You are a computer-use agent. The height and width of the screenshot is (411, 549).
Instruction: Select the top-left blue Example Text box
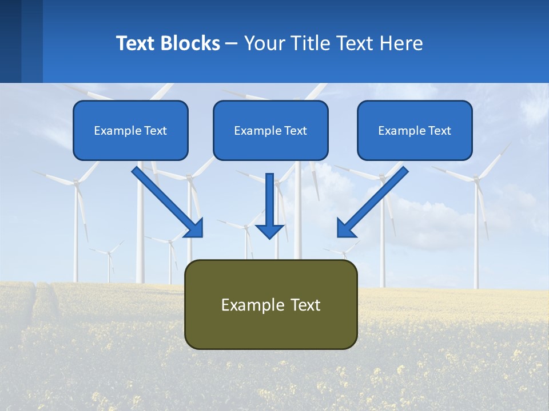[x=130, y=130]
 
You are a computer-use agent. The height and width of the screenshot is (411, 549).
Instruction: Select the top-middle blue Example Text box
[x=270, y=130]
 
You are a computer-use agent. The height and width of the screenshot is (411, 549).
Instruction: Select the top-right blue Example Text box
[x=415, y=130]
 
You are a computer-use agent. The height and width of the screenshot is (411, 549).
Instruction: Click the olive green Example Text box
[x=270, y=304]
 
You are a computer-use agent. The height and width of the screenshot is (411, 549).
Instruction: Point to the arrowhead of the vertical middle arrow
[x=269, y=231]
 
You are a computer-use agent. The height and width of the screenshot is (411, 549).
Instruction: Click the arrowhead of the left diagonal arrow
[x=194, y=228]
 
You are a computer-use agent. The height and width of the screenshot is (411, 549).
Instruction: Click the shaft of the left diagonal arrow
[x=160, y=194]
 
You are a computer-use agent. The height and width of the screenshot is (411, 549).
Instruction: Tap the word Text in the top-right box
[x=439, y=131]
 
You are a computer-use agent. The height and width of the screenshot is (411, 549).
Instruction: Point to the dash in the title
[x=232, y=44]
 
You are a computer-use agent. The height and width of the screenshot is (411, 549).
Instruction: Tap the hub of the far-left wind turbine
[x=75, y=182]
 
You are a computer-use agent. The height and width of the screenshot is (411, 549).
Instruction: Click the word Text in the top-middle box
[x=295, y=131]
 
